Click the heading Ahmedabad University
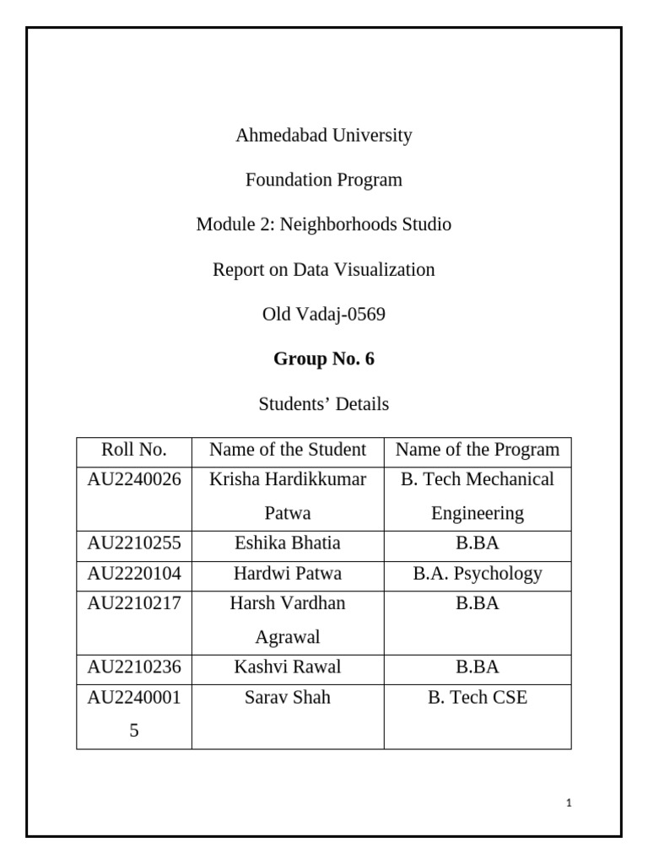coord(324,135)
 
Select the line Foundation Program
coord(324,180)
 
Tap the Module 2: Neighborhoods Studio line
coord(324,224)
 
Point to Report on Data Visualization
coord(324,270)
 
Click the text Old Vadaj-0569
coord(324,315)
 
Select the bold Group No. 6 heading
coord(324,359)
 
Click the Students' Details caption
coord(324,404)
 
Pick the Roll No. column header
coord(134,450)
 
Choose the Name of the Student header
coord(288,450)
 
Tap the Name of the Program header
coord(478,450)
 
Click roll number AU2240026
coord(134,479)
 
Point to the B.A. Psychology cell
coord(478,574)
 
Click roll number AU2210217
coord(134,604)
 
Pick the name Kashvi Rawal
coord(288,667)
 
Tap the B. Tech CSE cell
coord(478,698)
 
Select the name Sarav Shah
coord(288,698)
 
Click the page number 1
coord(570,804)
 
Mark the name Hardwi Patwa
coord(288,574)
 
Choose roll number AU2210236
coord(134,667)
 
